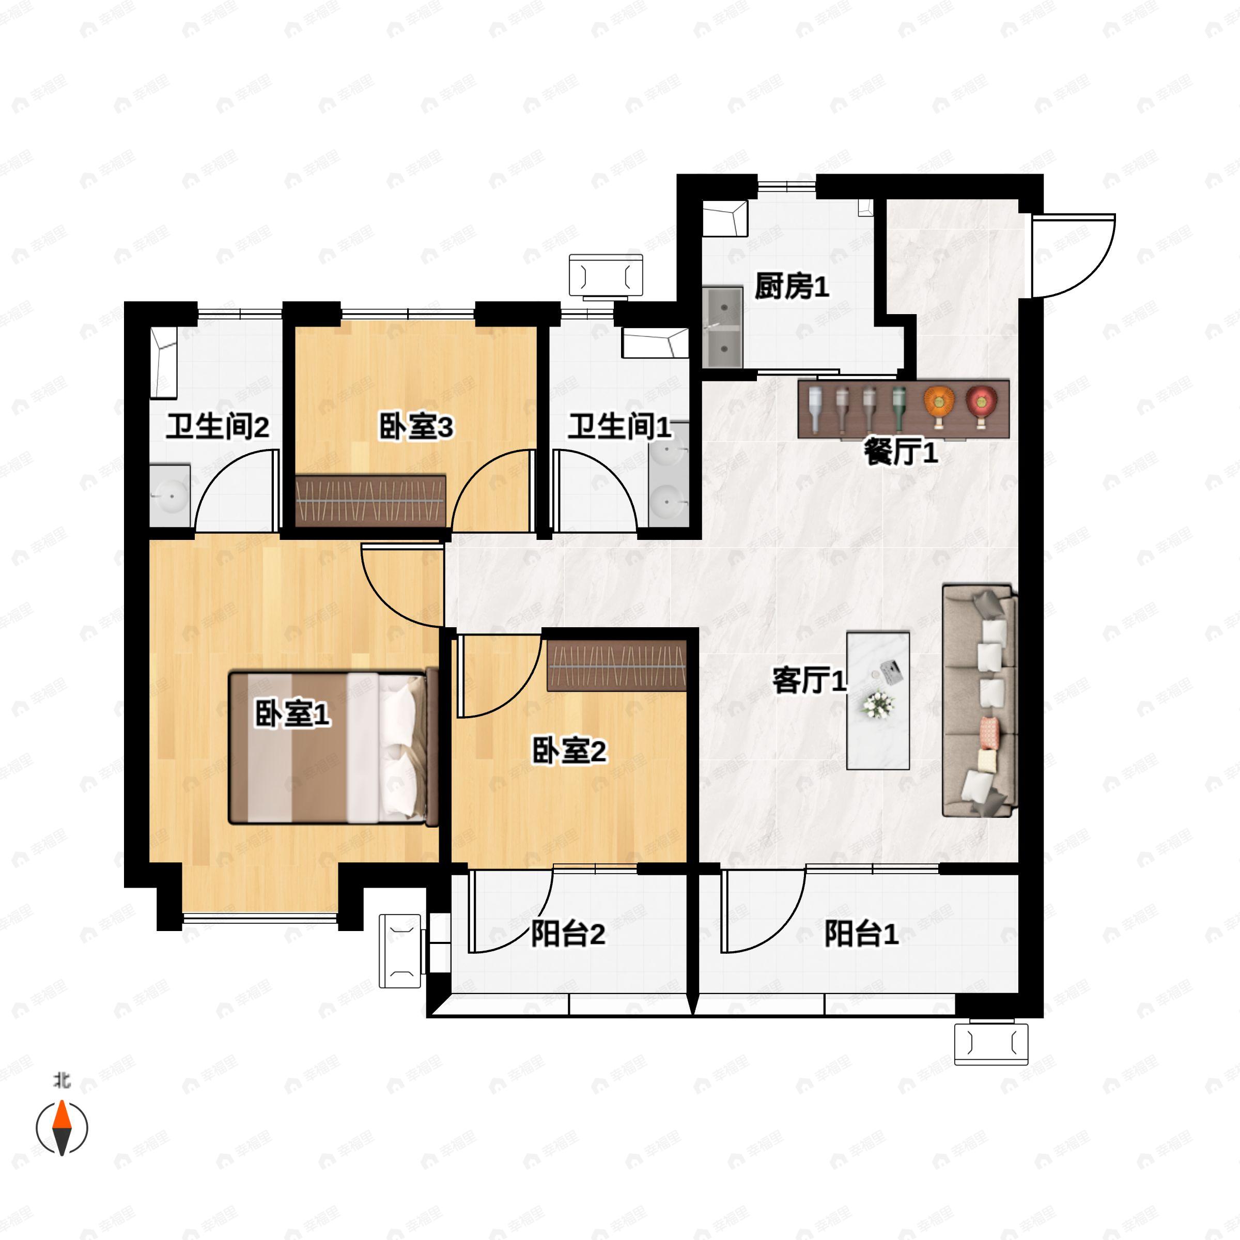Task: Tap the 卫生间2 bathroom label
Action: click(x=218, y=427)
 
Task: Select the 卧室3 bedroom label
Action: click(x=416, y=427)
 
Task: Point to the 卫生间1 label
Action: click(x=619, y=427)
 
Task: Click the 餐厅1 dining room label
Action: click(x=901, y=453)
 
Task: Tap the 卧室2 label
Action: click(x=569, y=750)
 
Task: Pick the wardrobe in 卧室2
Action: click(x=616, y=665)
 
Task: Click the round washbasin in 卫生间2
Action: click(x=171, y=495)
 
